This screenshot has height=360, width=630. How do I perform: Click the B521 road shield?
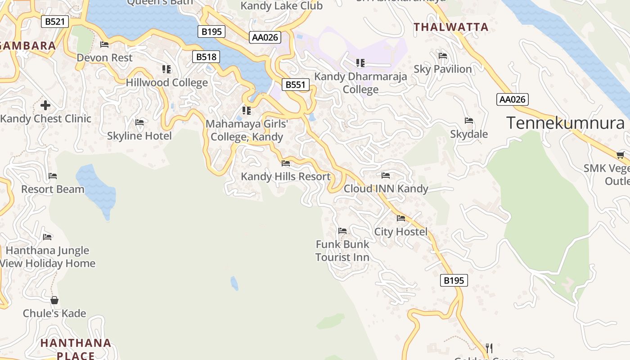point(55,21)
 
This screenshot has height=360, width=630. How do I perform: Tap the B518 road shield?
point(207,57)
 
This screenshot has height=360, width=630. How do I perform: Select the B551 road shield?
point(296,85)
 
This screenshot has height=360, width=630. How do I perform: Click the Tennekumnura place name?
point(566,123)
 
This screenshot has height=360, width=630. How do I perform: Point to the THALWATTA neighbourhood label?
point(451,27)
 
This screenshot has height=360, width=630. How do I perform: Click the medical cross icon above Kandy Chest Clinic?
point(45,106)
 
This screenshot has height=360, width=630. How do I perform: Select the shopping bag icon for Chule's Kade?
point(54,300)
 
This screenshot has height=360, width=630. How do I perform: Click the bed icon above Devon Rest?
point(104,45)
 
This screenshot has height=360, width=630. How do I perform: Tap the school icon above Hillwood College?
point(166,69)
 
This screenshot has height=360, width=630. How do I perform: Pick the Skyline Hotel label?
point(139,136)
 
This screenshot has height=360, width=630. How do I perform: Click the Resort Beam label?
point(53,189)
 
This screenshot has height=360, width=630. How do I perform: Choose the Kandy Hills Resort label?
point(286,176)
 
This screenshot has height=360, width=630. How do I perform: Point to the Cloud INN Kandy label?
point(386,189)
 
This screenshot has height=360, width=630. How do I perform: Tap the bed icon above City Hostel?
point(401,218)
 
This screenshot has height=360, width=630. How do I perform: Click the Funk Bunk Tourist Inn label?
point(342,251)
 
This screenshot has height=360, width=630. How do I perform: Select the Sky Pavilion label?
point(443,69)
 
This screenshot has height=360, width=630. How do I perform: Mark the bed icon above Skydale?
point(469,121)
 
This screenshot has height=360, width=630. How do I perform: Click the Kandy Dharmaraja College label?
point(360,83)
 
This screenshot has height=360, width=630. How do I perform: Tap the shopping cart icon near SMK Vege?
point(620,155)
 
